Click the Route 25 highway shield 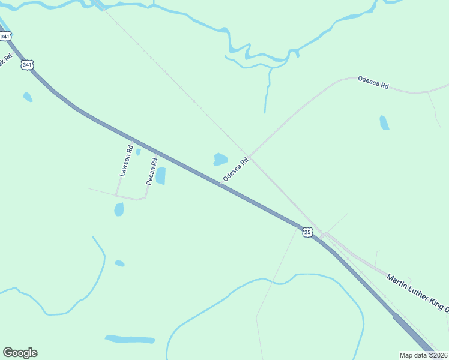click(307, 232)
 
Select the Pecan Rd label click(152, 171)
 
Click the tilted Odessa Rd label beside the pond click(235, 170)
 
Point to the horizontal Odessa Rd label click(373, 83)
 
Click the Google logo click(20, 353)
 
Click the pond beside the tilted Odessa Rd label click(220, 159)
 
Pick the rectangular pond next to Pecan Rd click(161, 176)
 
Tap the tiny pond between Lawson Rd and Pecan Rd click(138, 152)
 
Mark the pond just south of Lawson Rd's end click(119, 209)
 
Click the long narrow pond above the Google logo click(130, 339)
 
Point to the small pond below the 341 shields click(27, 97)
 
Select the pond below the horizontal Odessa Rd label click(384, 122)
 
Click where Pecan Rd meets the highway click(157, 152)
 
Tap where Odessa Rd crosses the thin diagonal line click(250, 155)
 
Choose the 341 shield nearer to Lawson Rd click(27, 65)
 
